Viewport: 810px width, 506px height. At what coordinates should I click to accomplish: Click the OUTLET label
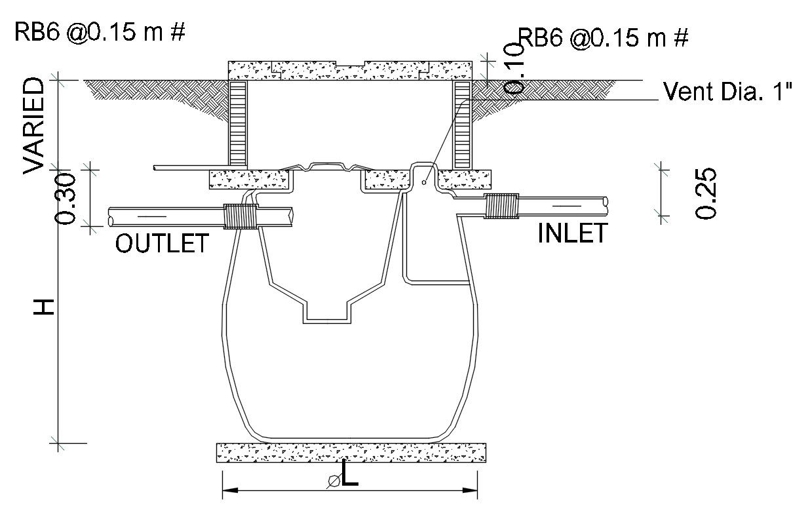[x=162, y=243]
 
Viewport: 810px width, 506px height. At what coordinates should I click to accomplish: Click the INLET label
[x=572, y=233]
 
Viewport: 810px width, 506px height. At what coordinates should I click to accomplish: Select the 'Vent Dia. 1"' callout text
[x=728, y=91]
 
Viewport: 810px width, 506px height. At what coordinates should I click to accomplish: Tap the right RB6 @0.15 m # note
[x=603, y=37]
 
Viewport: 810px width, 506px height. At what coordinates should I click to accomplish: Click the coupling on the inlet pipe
[x=501, y=205]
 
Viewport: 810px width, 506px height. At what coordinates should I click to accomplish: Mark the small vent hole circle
[x=424, y=183]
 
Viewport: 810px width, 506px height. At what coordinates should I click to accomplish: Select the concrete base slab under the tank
[x=351, y=452]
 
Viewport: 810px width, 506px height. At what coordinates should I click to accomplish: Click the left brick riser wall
[x=237, y=123]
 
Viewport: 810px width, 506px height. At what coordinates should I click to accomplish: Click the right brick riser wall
[x=463, y=123]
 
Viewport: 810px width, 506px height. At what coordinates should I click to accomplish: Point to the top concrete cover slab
[x=350, y=69]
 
